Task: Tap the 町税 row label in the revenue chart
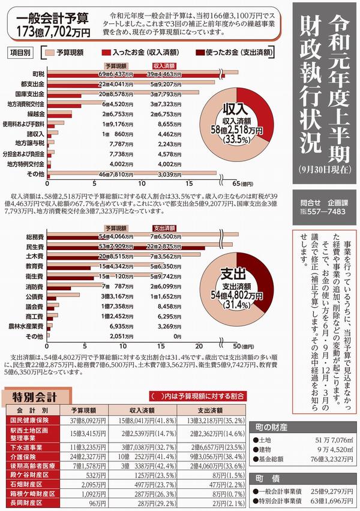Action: coord(39,73)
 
